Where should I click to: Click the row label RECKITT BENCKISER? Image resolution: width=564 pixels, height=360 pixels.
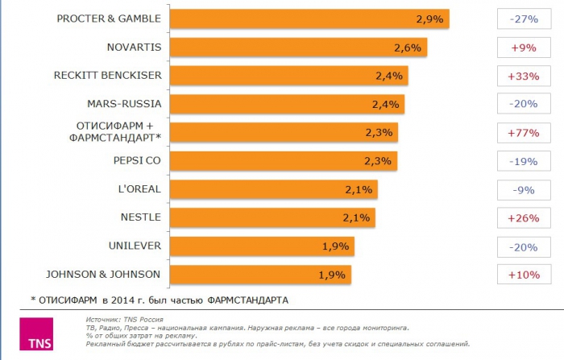pyautogui.click(x=108, y=76)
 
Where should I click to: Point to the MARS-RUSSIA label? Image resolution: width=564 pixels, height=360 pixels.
pyautogui.click(x=124, y=104)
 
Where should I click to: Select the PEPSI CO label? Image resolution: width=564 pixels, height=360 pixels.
pyautogui.click(x=138, y=160)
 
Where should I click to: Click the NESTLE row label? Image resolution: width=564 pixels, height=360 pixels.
pyautogui.click(x=140, y=217)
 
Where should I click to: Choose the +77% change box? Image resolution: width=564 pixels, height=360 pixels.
pyautogui.click(x=524, y=132)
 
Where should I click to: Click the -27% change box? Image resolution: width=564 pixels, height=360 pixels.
pyautogui.click(x=524, y=19)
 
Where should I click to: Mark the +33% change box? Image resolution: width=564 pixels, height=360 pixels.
pyautogui.click(x=524, y=76)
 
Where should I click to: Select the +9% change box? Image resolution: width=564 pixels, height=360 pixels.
pyautogui.click(x=524, y=48)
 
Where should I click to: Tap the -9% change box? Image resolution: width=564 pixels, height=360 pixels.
pyautogui.click(x=524, y=189)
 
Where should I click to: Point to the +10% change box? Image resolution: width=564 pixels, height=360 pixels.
pyautogui.click(x=524, y=275)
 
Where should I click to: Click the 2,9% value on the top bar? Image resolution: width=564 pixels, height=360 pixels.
pyautogui.click(x=430, y=19)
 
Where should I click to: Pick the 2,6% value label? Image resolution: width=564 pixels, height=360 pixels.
pyautogui.click(x=408, y=48)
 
